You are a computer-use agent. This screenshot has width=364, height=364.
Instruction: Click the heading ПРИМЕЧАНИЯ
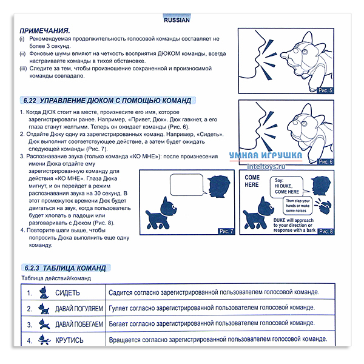[44, 30]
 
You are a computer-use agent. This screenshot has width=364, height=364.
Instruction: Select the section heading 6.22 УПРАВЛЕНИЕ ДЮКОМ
[106, 100]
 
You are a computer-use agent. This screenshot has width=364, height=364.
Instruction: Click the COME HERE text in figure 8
[252, 181]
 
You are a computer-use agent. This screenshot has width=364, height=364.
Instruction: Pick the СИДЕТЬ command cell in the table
[67, 292]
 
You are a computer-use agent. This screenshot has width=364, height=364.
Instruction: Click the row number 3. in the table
[29, 325]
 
